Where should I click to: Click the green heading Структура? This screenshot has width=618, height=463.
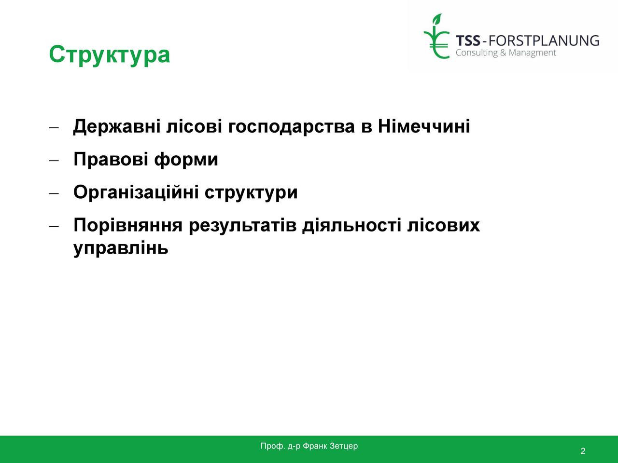pyautogui.click(x=110, y=55)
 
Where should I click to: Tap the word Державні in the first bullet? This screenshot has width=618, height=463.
pyautogui.click(x=117, y=126)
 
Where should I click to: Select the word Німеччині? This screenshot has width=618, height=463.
pyautogui.click(x=424, y=126)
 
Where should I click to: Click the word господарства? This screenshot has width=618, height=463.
pyautogui.click(x=292, y=127)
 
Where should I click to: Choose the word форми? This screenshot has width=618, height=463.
pyautogui.click(x=186, y=160)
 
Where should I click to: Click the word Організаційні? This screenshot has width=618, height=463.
pyautogui.click(x=136, y=192)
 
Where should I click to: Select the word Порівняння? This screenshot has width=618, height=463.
pyautogui.click(x=128, y=226)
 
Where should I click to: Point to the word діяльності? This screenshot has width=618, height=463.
pyautogui.click(x=351, y=225)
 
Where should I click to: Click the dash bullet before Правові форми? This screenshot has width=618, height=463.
pyautogui.click(x=54, y=161)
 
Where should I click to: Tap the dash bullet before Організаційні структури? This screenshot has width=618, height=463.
pyautogui.click(x=54, y=193)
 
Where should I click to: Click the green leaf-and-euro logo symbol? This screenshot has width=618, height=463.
pyautogui.click(x=436, y=36)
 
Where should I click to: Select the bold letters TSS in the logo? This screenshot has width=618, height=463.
pyautogui.click(x=468, y=41)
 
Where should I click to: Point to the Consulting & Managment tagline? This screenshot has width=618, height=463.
pyautogui.click(x=506, y=53)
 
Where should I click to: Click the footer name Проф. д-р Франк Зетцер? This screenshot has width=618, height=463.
pyautogui.click(x=309, y=446)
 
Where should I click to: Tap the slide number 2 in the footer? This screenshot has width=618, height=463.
pyautogui.click(x=583, y=451)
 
